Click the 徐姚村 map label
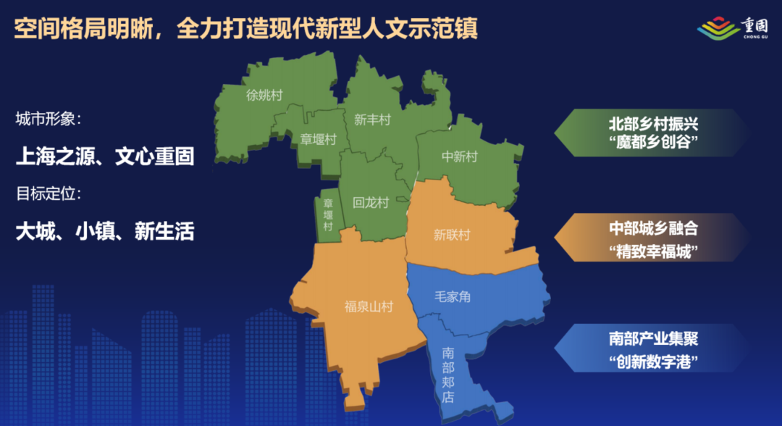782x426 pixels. [264, 96]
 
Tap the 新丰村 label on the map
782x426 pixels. [372, 120]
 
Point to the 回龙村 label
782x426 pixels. [371, 203]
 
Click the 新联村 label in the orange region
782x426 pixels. [452, 235]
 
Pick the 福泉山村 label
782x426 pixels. [369, 307]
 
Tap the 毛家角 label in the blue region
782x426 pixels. [453, 296]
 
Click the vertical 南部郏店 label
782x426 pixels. [448, 375]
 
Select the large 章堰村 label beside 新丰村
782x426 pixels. [319, 139]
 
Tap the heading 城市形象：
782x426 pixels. [49, 118]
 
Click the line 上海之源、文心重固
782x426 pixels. [105, 156]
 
